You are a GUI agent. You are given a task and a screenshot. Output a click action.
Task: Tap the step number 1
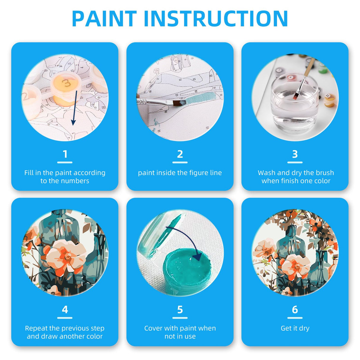click(x=65, y=154)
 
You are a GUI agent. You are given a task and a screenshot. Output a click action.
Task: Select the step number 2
click(x=180, y=154)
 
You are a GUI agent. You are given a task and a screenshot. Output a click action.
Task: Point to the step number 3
click(x=295, y=154)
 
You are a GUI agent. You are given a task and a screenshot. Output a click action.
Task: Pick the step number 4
click(x=65, y=310)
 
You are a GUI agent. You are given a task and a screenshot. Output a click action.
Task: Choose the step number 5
click(x=180, y=310)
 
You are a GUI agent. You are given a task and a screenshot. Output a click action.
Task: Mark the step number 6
click(x=295, y=310)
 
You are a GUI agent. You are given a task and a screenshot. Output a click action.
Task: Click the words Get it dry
click(x=295, y=328)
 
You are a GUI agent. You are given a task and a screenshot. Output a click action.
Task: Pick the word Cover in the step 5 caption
click(x=153, y=328)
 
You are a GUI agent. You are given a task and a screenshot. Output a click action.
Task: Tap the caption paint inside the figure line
click(x=180, y=173)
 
